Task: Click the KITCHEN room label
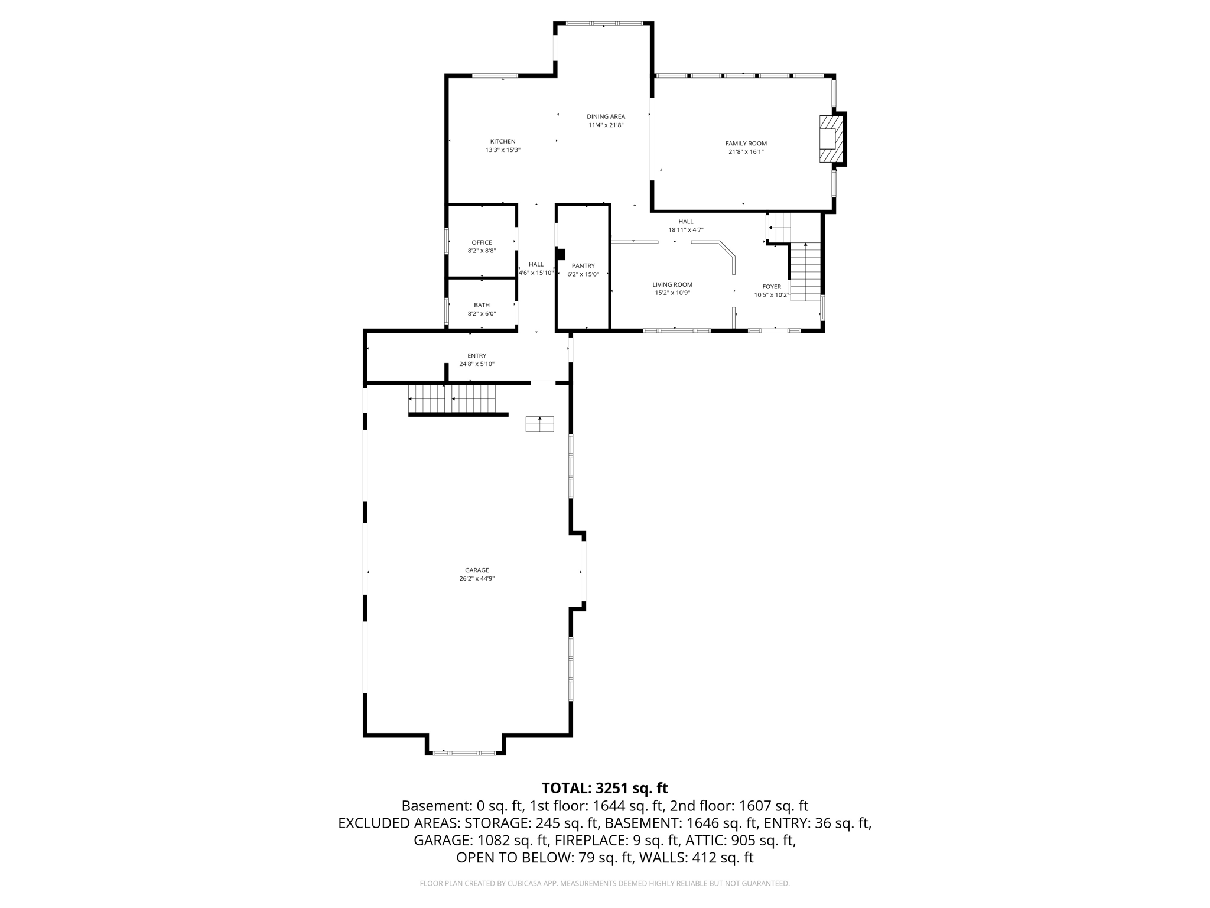click(x=502, y=141)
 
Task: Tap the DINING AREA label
click(x=606, y=116)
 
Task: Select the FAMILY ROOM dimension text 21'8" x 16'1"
click(x=746, y=152)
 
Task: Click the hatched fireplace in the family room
click(x=830, y=138)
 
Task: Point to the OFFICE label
click(x=482, y=242)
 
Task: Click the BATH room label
click(x=482, y=305)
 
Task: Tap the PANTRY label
click(x=583, y=266)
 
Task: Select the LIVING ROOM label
click(x=672, y=284)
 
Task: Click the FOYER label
click(x=771, y=287)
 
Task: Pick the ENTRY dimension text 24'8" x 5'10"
click(x=476, y=364)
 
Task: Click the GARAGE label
click(x=476, y=570)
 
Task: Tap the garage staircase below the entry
click(x=452, y=399)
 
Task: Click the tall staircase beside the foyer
click(x=805, y=272)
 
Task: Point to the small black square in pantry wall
click(x=561, y=254)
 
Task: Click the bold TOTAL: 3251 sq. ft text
click(x=604, y=788)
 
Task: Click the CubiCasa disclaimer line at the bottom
click(x=604, y=883)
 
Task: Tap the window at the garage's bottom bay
click(x=464, y=753)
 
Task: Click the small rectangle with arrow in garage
click(x=539, y=424)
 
